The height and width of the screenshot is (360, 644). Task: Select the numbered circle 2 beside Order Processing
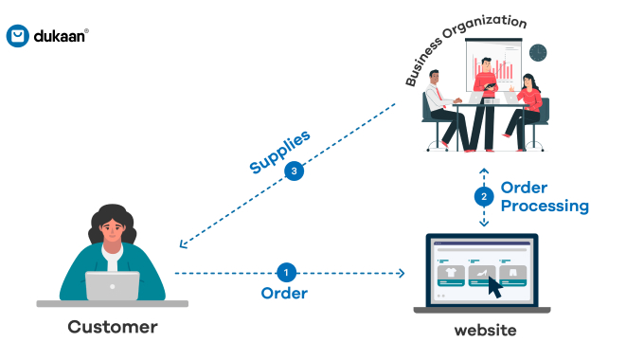[484, 197]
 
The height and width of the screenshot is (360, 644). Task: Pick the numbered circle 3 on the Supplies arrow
[295, 171]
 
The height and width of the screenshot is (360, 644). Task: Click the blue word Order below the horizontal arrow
[284, 294]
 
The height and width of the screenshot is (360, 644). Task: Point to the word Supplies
[279, 152]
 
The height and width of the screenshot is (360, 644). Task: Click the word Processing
[545, 206]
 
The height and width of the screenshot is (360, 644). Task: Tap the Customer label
[112, 328]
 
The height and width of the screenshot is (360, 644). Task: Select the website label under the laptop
[485, 331]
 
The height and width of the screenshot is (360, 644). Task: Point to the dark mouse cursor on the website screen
[494, 286]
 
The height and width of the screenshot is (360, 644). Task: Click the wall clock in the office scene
[538, 51]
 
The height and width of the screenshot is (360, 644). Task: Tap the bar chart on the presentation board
[501, 66]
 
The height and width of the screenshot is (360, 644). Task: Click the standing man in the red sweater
[482, 95]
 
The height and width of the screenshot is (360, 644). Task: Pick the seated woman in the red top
[528, 109]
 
